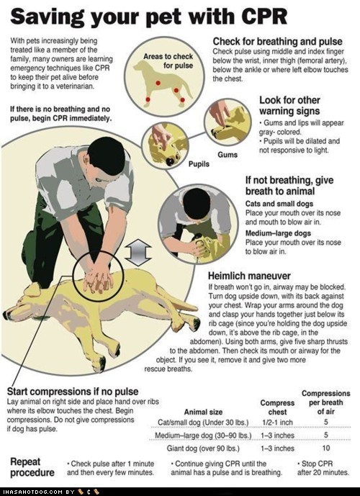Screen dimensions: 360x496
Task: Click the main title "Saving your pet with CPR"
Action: coord(149,17)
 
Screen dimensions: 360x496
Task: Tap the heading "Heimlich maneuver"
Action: coord(249,276)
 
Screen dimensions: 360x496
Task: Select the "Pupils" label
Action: coord(199,164)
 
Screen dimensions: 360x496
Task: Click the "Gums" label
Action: coord(228,154)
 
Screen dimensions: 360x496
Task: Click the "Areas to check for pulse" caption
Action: coord(168,60)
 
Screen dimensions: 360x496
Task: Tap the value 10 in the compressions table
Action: coord(326,448)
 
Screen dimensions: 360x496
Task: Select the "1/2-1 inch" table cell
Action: coord(277,423)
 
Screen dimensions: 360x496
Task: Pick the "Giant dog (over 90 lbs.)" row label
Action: coord(203,448)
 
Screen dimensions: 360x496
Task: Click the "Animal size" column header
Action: coord(203,412)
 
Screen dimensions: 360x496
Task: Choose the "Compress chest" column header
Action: coord(277,407)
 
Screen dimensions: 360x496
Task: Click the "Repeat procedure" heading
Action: coord(32,467)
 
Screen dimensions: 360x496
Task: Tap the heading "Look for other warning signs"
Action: coord(289,106)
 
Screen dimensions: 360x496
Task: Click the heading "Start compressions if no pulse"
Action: coord(73,392)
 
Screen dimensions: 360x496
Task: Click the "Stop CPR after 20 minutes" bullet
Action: coord(323,468)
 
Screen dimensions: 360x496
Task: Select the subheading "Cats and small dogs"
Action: coord(279,204)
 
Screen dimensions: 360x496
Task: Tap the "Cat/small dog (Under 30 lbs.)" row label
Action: coord(203,423)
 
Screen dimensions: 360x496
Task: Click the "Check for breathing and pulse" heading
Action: coord(277,42)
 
